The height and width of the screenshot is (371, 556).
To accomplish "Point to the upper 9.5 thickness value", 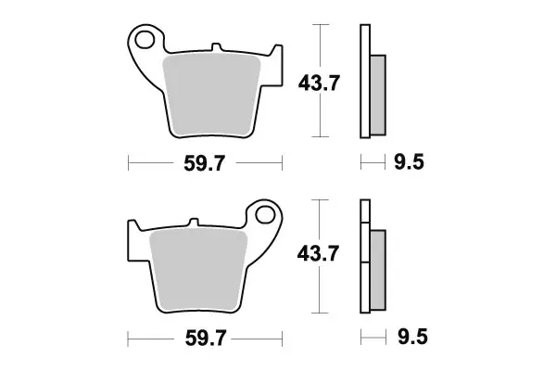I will point(409,165).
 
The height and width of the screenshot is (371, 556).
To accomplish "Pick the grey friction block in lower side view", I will point(377,269).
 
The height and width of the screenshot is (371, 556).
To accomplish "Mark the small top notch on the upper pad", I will point(215,46).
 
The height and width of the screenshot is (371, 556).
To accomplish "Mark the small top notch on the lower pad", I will point(193,223).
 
